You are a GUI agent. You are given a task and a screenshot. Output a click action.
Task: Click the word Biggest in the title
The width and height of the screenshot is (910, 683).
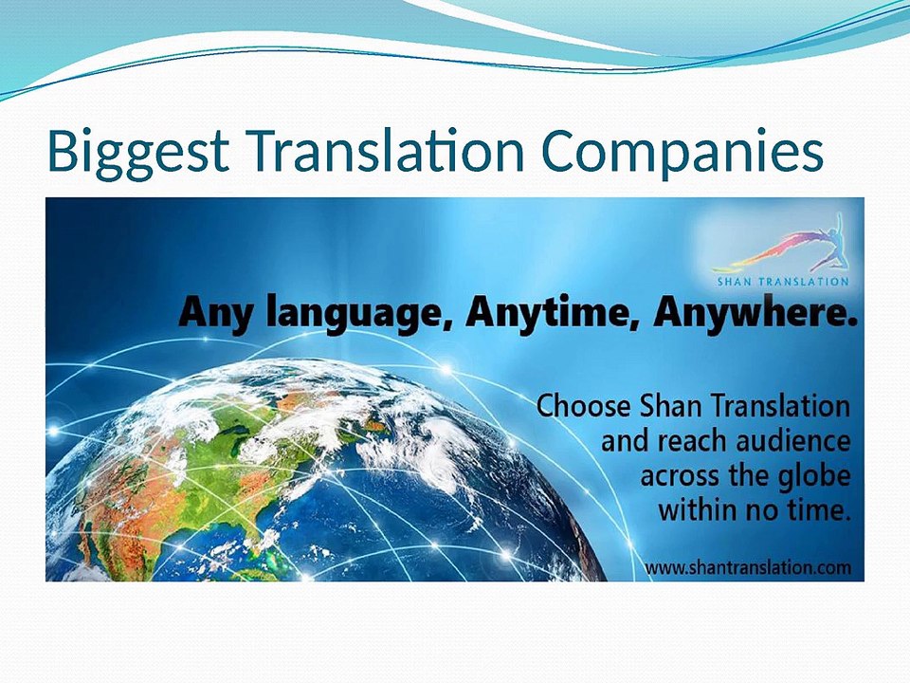138,152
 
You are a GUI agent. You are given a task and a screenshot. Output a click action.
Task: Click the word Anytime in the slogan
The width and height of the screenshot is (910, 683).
550,312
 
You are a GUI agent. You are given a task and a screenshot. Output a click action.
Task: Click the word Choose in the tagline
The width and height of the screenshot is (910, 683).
582,407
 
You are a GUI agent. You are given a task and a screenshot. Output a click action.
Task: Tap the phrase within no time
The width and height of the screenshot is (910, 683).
754,509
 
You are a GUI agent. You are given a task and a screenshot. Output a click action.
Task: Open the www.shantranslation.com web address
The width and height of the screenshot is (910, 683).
748,567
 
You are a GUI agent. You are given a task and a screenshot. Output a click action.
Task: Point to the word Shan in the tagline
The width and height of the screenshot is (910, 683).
669,407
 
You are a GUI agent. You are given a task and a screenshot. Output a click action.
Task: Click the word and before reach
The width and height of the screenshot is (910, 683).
621,441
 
